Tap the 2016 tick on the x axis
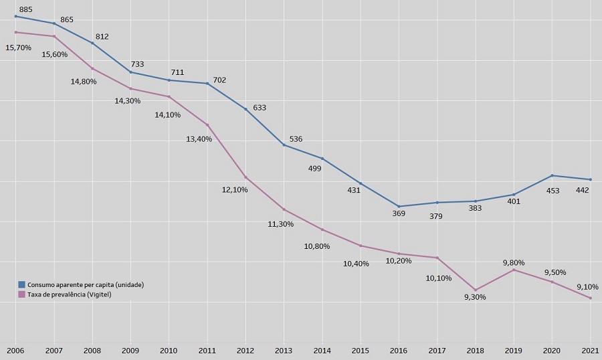point(399,351)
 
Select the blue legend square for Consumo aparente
point(21,284)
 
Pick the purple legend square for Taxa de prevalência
point(21,294)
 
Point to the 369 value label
point(398,213)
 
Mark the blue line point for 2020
point(552,175)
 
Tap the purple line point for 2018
point(476,290)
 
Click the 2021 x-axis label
point(590,351)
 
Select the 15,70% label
point(18,48)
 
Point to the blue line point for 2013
point(284,145)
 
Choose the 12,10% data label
point(235,189)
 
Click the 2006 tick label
point(15,351)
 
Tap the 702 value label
point(219,80)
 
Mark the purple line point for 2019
point(514,270)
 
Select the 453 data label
point(553,191)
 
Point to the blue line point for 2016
point(399,206)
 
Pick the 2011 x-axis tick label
point(207,351)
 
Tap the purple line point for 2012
point(245,177)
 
